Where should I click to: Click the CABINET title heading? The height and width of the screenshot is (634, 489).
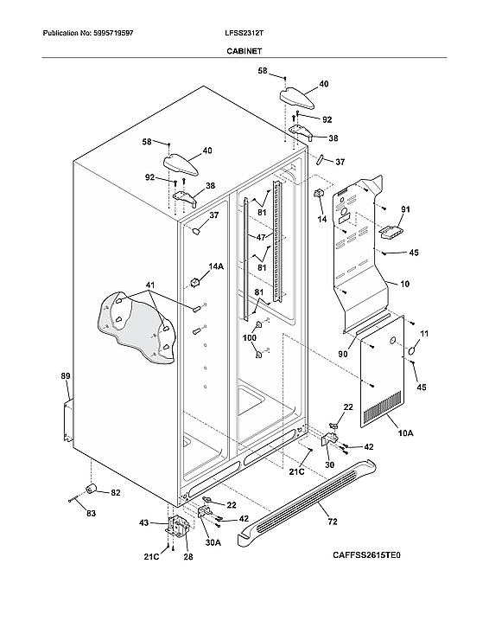coord(244,52)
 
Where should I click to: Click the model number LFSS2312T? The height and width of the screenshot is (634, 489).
coord(244,34)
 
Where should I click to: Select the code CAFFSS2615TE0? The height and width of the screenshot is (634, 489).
coord(366,554)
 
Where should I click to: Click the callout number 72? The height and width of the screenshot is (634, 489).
coord(332,522)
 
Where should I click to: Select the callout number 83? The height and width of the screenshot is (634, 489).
coord(91,513)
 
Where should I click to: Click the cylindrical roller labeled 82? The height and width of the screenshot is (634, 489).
coord(88,491)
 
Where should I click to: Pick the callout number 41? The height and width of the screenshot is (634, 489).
coord(149,285)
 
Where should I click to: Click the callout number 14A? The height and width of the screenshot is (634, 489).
coord(215,267)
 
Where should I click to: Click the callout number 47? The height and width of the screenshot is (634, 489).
coord(259,235)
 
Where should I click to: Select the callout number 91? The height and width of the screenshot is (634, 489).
coord(406,210)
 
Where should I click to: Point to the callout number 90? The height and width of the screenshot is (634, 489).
coord(343,354)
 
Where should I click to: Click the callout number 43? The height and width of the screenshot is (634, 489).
coord(144,522)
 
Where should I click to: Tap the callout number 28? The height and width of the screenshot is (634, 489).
coord(187,557)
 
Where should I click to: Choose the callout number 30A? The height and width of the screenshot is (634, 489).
coord(213,542)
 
